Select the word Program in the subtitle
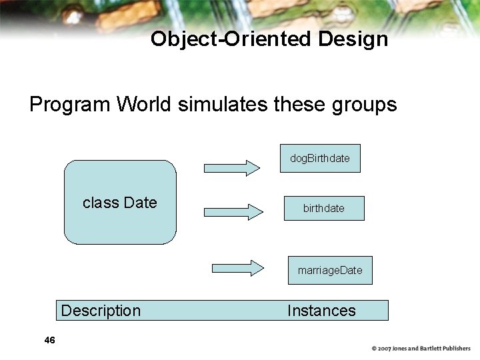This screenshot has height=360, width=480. pos(70,105)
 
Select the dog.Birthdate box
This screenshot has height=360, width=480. pos(320,159)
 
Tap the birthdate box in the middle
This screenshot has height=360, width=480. pos(324,208)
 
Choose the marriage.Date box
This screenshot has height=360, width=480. pos(330,270)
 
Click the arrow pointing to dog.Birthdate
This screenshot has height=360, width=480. pos(232,167)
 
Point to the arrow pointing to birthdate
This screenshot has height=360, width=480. pos(234,212)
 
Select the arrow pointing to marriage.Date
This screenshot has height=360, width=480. pos(238,268)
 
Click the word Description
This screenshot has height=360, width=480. pos(101,311)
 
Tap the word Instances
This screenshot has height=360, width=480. pos(321,311)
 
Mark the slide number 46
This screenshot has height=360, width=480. pos(49,341)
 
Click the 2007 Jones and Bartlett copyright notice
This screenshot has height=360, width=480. pos(421,349)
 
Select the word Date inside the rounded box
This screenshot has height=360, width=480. pos(140,203)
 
